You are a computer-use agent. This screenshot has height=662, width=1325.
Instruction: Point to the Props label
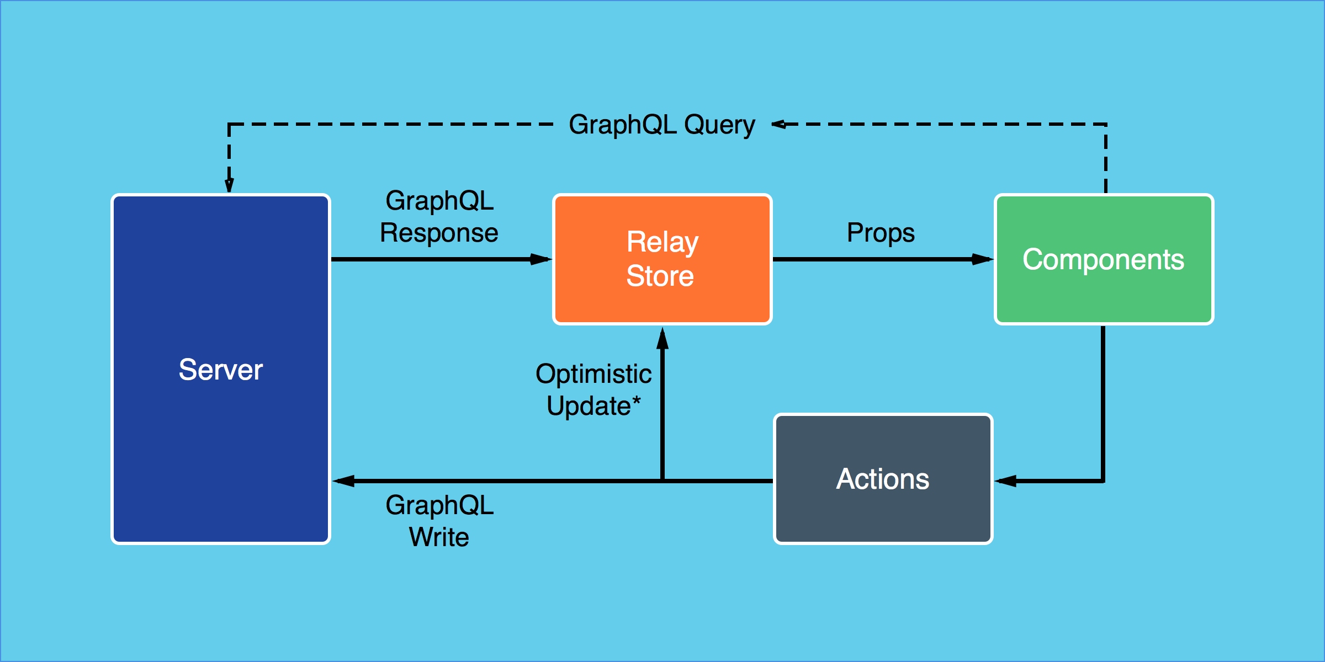[x=881, y=233]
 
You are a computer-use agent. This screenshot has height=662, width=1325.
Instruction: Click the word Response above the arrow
[x=439, y=233]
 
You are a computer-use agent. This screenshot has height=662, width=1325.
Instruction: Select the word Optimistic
[x=593, y=374]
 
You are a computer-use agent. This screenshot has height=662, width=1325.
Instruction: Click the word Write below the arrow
[x=439, y=537]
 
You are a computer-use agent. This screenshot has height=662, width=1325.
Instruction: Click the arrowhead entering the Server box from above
[x=229, y=185]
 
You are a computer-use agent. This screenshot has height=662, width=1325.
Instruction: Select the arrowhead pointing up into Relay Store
[x=662, y=338]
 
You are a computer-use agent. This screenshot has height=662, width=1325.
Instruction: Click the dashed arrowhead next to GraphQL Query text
[x=779, y=124]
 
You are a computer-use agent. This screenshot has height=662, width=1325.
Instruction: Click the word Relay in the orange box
[x=662, y=242]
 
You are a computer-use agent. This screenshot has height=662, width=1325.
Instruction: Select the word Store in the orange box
[x=660, y=276]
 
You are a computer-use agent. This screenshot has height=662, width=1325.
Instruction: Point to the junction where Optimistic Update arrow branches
[x=662, y=481]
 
